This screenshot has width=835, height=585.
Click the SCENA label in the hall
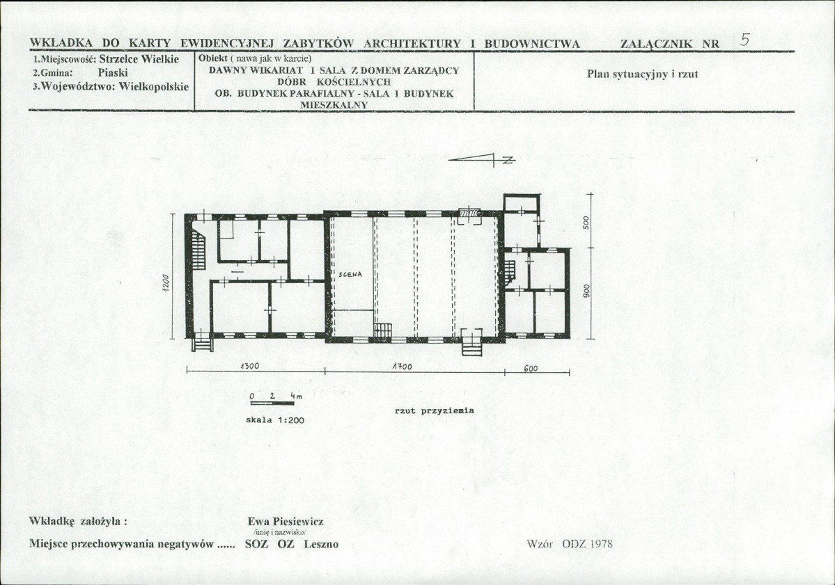point(350,275)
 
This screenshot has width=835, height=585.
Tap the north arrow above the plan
point(482,159)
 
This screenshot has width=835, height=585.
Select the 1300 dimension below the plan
point(250,366)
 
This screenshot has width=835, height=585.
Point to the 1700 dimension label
point(402,367)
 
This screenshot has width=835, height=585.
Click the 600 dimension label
point(531,368)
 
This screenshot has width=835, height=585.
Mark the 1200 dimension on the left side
point(166,283)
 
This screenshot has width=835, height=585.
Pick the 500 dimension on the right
point(586,222)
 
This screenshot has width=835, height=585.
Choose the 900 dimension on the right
point(586,290)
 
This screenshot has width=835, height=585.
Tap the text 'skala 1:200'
point(275,420)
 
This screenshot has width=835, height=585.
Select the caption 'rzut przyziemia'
point(434,410)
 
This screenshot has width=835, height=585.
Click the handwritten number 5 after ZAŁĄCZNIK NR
point(746,40)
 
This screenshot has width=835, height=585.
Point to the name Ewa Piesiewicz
point(286,521)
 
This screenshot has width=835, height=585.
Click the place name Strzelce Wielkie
point(139,59)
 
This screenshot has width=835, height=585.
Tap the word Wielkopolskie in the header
point(154,86)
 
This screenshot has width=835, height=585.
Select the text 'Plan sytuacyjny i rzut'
point(642,74)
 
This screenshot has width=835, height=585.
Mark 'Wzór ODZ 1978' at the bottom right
point(569,543)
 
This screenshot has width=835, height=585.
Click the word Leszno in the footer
point(321,544)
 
